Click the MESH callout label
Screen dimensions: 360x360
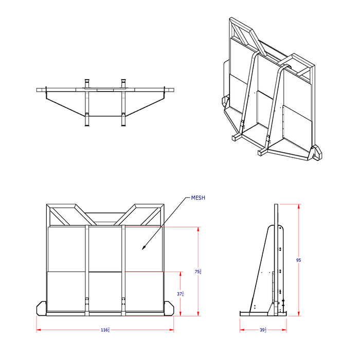(199, 197)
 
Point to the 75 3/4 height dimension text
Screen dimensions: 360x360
(199, 272)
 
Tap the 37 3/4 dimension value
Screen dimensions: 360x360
(181, 294)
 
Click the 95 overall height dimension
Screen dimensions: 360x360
(298, 260)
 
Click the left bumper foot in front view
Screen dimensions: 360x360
(42, 308)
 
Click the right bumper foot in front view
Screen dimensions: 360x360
(169, 308)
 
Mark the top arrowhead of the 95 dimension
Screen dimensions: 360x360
(298, 206)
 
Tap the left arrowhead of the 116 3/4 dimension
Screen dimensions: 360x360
(38, 330)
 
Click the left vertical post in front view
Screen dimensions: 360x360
(87, 267)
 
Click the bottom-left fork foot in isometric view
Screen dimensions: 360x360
(236, 137)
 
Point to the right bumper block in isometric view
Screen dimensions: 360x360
(316, 153)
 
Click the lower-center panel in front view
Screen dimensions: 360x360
(105, 291)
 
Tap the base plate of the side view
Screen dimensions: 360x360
(262, 314)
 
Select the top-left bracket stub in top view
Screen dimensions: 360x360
(87, 82)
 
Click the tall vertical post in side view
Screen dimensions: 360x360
(276, 257)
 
